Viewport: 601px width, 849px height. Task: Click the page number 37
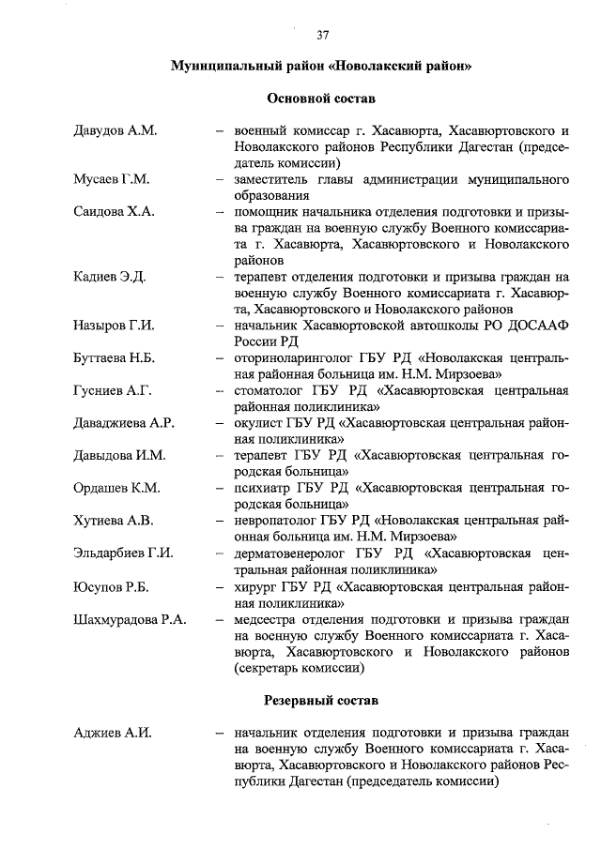coord(322,36)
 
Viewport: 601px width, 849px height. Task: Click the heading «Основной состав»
coord(322,99)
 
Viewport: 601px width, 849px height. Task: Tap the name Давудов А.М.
coord(115,129)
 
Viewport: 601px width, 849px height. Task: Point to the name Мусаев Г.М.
coord(112,179)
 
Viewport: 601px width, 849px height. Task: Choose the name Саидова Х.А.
coord(114,212)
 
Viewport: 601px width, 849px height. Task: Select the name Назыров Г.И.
coord(114,326)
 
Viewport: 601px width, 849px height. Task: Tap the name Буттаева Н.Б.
coord(116,358)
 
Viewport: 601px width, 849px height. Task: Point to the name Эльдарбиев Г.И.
coord(123,553)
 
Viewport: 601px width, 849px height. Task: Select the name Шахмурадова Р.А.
coord(130,618)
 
